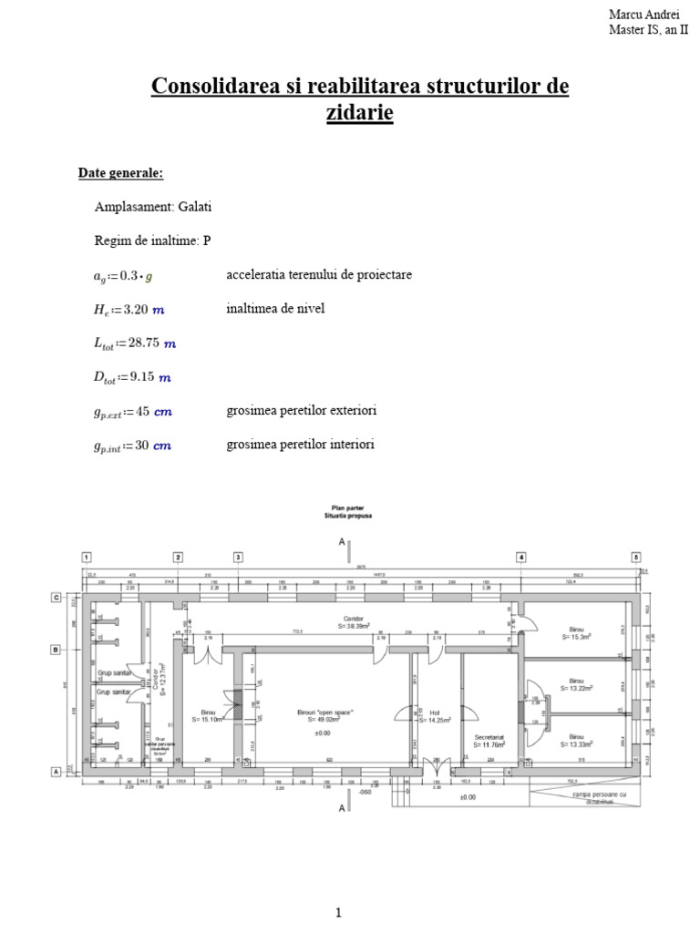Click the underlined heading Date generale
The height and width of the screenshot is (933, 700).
click(x=120, y=173)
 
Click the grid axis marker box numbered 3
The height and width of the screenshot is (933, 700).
click(x=238, y=557)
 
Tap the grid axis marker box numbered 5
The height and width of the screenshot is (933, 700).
click(x=637, y=557)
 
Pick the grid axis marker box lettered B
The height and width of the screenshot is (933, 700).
click(x=56, y=650)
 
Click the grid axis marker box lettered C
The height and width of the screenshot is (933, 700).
click(x=56, y=598)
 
